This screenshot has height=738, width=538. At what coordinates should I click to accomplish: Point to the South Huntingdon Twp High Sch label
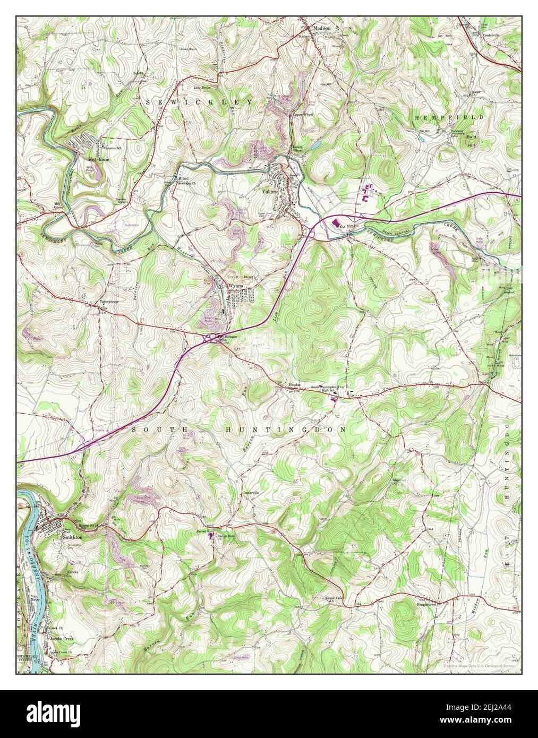point(328,389)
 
